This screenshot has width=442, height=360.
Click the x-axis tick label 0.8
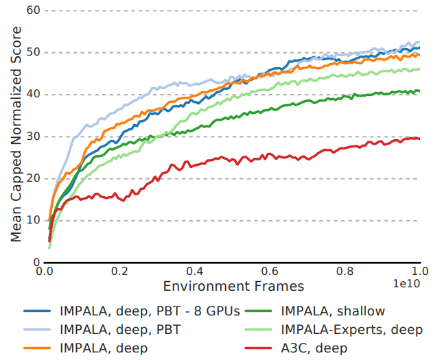pos(345,272)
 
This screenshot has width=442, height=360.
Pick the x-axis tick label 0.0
pos(46,272)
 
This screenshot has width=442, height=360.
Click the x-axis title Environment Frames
pos(233,285)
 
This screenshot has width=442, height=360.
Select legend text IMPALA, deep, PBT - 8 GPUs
pos(150,311)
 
